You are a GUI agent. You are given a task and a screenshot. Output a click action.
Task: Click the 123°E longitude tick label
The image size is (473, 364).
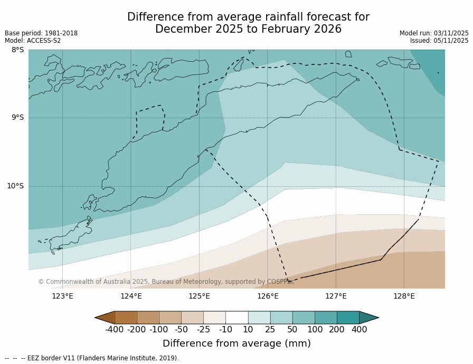(62, 296)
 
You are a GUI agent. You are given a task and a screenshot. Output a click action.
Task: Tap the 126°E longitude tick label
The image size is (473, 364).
(268, 296)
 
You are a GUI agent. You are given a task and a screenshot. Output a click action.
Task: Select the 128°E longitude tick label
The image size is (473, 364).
(404, 296)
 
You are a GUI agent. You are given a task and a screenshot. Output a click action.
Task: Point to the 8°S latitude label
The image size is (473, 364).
(17, 50)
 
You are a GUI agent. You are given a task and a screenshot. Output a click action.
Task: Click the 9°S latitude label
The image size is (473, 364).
(17, 118)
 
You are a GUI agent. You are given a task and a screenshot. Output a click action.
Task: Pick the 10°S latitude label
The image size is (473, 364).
(15, 186)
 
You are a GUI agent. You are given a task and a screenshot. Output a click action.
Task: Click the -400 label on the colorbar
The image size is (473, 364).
(114, 330)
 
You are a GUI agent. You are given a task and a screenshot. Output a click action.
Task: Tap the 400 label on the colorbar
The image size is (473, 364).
(359, 330)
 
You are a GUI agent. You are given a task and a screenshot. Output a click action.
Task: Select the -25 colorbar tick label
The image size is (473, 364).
(203, 330)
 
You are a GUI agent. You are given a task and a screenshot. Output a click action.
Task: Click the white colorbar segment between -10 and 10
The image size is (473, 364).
(236, 318)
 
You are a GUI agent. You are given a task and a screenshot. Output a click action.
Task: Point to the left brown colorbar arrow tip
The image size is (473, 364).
(96, 318)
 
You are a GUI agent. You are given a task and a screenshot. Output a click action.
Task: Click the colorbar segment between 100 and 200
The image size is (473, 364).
(326, 318)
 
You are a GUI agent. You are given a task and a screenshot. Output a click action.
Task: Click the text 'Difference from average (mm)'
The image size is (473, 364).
(236, 343)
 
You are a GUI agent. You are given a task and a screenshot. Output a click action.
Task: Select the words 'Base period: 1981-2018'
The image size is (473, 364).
(41, 33)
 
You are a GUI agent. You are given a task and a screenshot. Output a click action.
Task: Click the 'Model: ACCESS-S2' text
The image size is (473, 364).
(33, 41)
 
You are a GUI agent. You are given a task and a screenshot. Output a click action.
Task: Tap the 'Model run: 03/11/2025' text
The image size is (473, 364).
(434, 33)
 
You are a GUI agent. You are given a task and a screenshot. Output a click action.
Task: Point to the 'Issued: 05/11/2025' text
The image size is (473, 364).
(439, 41)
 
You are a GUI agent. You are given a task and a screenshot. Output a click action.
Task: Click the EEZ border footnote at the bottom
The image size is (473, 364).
(92, 358)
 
